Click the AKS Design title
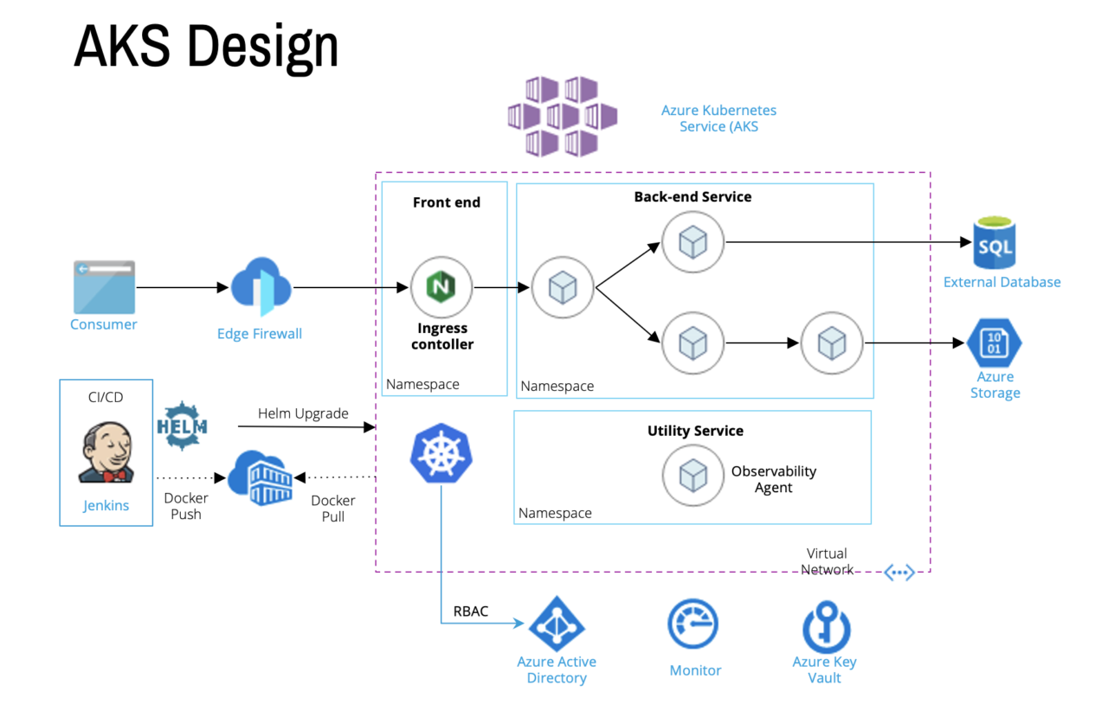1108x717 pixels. [206, 47]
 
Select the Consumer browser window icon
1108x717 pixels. [104, 287]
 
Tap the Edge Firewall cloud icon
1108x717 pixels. [261, 287]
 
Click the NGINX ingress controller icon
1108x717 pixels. [441, 287]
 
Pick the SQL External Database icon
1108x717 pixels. [995, 243]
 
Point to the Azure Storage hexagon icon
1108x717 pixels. [995, 343]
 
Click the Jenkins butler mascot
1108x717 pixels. [106, 451]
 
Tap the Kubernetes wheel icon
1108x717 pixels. [441, 453]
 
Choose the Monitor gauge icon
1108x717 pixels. [693, 625]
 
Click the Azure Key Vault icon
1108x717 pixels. [826, 626]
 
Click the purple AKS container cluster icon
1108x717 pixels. [562, 116]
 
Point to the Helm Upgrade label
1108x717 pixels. [303, 413]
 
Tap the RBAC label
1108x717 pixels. [471, 611]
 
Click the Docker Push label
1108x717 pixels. [185, 506]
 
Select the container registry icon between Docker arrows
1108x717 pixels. [261, 477]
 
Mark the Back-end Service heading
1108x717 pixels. [692, 196]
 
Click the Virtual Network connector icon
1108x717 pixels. [899, 573]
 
